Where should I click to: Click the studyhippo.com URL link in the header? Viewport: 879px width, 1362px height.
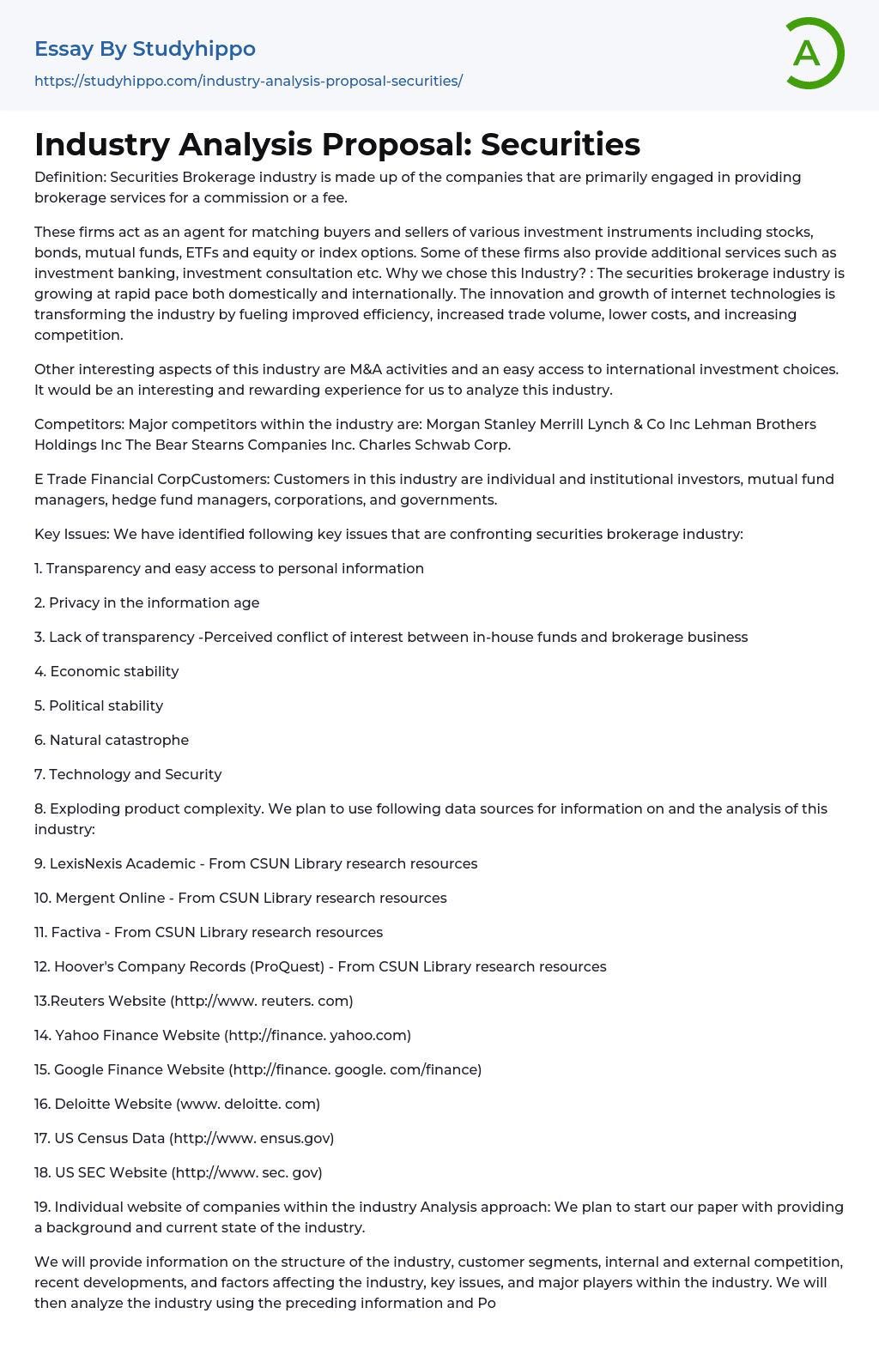click(248, 81)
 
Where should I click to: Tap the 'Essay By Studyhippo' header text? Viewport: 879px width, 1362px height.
click(145, 49)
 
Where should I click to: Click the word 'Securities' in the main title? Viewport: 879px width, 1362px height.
click(560, 144)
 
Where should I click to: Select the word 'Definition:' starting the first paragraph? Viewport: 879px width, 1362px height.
click(70, 177)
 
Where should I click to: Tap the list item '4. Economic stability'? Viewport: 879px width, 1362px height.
click(106, 671)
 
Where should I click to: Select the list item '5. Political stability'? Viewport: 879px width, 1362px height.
click(99, 705)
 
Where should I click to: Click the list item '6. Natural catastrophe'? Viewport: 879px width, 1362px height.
click(112, 740)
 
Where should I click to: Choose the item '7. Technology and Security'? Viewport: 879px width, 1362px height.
click(128, 774)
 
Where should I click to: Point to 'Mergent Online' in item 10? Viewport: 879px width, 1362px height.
click(110, 898)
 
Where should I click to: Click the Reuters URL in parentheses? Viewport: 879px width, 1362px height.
click(262, 1001)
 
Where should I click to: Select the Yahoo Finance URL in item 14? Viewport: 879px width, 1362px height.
click(318, 1035)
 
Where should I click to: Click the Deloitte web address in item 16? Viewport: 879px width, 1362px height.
click(248, 1104)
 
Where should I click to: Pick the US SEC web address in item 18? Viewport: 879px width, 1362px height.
click(247, 1172)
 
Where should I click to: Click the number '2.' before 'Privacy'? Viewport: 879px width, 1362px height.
click(39, 602)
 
